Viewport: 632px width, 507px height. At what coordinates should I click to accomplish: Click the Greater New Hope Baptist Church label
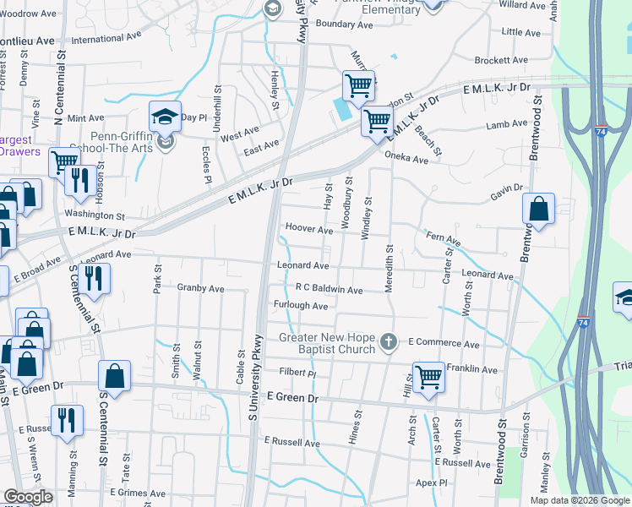tap(327, 344)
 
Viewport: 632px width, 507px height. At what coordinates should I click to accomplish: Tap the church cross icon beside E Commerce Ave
tap(388, 343)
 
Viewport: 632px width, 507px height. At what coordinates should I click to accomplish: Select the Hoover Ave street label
tap(308, 229)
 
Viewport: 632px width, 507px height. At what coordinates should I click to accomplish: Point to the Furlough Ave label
tap(300, 306)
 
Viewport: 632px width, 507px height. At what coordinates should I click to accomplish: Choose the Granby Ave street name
tap(200, 288)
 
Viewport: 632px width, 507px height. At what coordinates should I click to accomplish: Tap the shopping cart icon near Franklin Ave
tap(428, 376)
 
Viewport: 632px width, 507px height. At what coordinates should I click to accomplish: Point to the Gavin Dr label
tap(506, 198)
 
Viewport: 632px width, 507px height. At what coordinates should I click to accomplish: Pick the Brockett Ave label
tap(502, 61)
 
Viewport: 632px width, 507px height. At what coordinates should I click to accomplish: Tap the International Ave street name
tap(106, 39)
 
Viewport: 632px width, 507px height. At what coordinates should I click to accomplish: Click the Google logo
tap(28, 497)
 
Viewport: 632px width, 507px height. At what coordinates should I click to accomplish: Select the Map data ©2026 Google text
tap(580, 499)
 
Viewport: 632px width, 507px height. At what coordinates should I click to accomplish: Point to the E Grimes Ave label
tap(136, 493)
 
